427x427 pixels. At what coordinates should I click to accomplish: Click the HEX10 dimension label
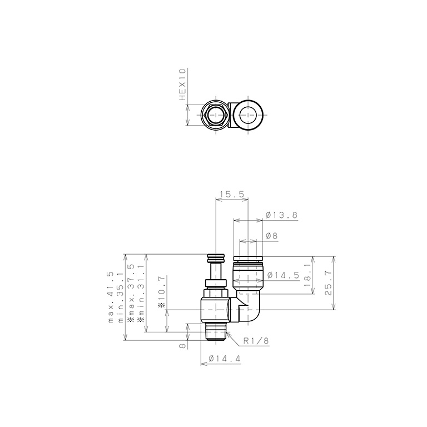[182, 85]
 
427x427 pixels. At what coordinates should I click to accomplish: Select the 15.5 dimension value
[232, 194]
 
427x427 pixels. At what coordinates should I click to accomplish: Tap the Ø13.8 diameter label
[281, 215]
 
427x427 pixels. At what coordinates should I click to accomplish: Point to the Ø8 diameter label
[271, 236]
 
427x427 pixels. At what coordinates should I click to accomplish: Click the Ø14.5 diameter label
[283, 275]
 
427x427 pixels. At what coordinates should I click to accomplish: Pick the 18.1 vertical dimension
[307, 275]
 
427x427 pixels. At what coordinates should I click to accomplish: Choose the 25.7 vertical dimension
[328, 283]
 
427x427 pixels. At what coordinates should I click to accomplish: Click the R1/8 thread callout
[256, 341]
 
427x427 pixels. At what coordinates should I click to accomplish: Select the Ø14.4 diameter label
[225, 359]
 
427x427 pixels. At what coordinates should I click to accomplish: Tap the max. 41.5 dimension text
[111, 297]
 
